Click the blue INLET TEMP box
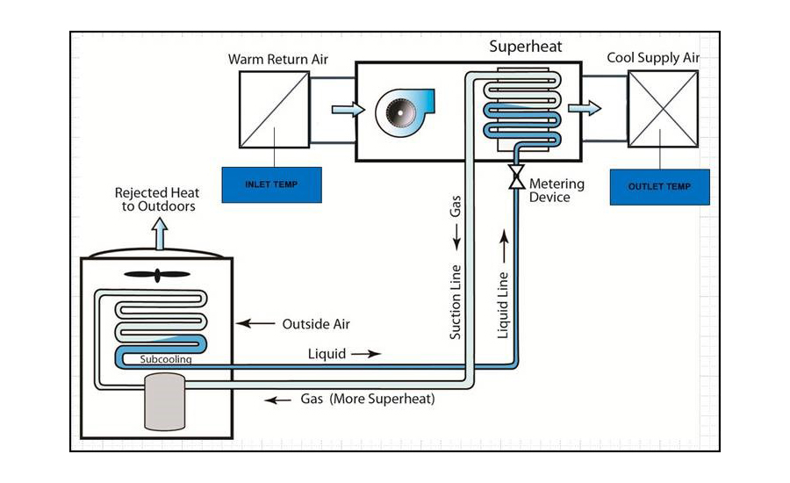point(271,184)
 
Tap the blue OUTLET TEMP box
point(659,186)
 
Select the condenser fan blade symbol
point(157,275)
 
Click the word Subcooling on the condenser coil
point(166,359)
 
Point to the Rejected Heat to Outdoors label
point(157,199)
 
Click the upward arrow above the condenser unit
point(159,235)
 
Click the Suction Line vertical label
point(456,301)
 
